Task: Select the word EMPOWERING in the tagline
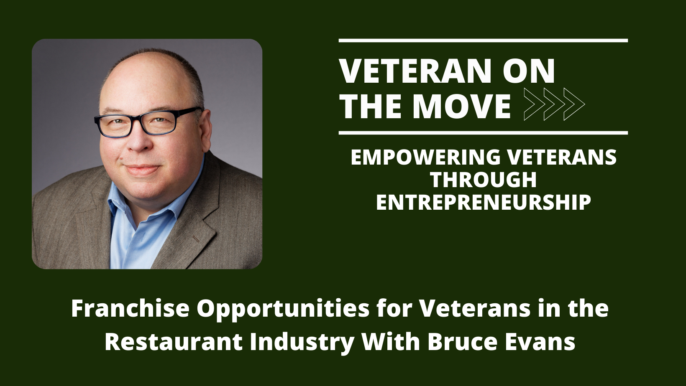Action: [x=426, y=157]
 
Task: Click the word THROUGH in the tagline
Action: [x=484, y=180]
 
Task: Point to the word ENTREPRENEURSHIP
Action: [x=484, y=202]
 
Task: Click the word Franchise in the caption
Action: [x=131, y=309]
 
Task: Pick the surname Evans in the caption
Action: [x=540, y=342]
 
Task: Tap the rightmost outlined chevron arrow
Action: [x=574, y=104]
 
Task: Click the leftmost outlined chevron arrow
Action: [x=535, y=104]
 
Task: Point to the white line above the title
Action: [x=483, y=41]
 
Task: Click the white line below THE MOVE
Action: [x=483, y=133]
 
